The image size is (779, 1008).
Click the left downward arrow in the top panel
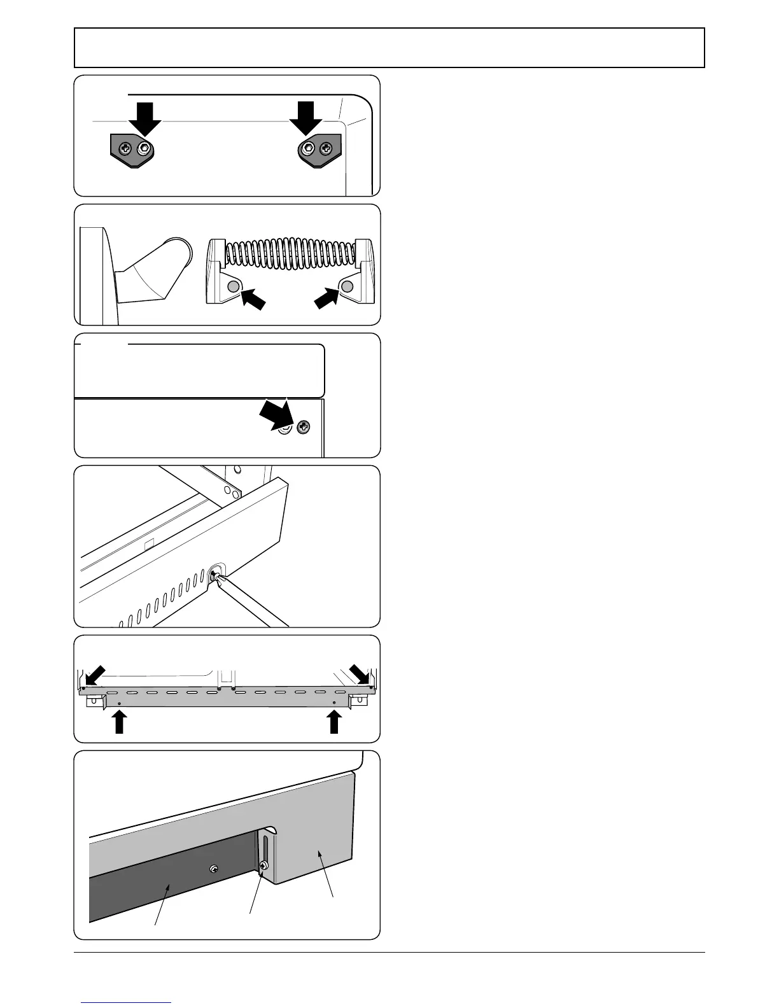pos(145,117)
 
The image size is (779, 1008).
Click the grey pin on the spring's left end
pos(234,287)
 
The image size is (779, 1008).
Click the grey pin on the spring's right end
pos(347,287)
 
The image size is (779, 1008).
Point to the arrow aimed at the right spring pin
pos(326,300)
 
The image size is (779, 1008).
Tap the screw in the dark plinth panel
pos(215,869)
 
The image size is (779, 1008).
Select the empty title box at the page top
pos(389,48)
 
